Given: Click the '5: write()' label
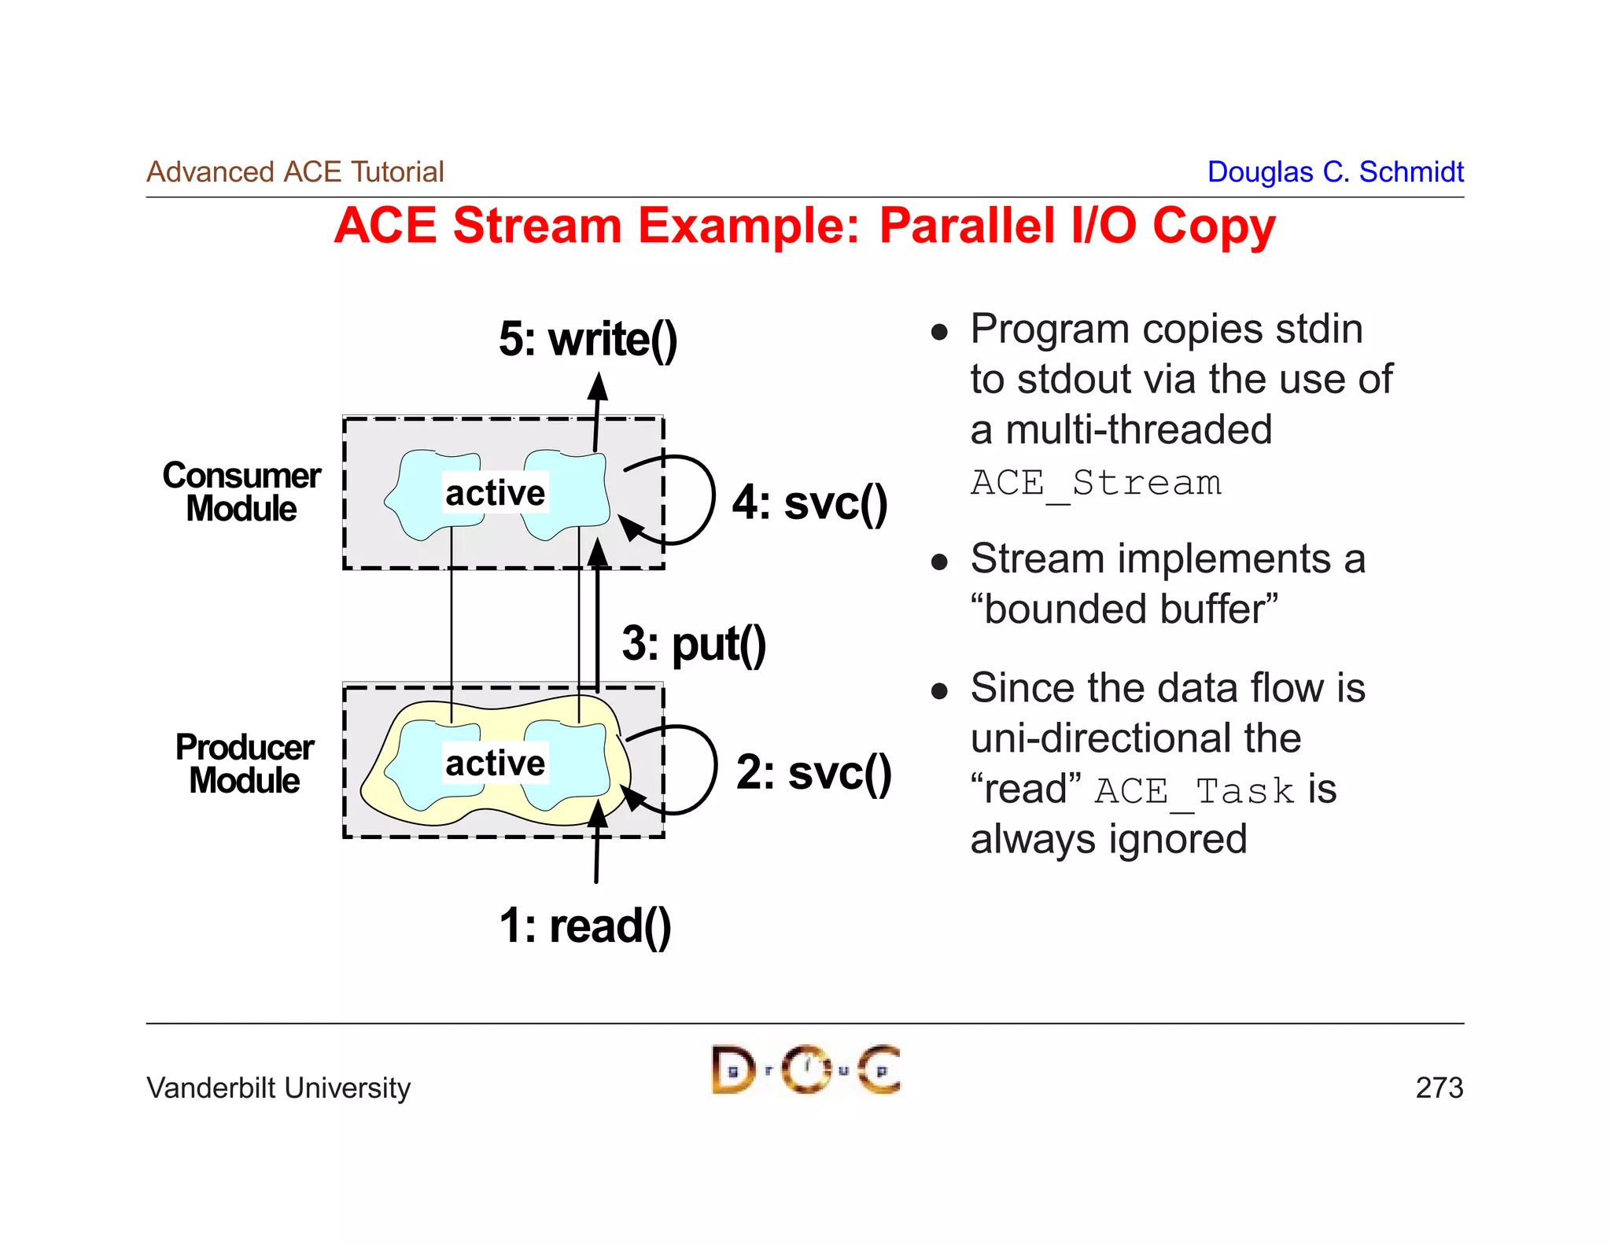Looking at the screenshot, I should click(x=588, y=340).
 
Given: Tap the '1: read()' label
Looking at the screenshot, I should click(x=585, y=926).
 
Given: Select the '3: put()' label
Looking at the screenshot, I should click(x=693, y=644).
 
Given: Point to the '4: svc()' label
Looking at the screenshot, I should click(x=809, y=502).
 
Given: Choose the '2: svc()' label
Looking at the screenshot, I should click(x=813, y=772).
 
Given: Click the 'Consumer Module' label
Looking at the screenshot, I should click(x=241, y=491).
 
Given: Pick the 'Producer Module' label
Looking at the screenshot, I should click(x=245, y=763).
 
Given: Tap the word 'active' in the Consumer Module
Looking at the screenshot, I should click(x=495, y=493).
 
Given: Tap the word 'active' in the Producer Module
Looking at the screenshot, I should click(x=495, y=763).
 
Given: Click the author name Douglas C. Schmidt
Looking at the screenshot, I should click(x=1335, y=171).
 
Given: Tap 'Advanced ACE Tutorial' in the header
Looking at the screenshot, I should click(x=295, y=171).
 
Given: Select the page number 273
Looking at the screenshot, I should click(x=1439, y=1088).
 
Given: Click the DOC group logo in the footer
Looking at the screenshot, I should click(x=805, y=1069).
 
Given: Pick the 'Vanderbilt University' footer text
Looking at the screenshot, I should click(x=278, y=1088).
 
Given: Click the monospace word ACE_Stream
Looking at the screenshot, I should click(x=1096, y=483).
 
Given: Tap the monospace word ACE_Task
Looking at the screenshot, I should click(x=1193, y=790).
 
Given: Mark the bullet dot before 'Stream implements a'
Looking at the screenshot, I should click(x=938, y=561).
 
